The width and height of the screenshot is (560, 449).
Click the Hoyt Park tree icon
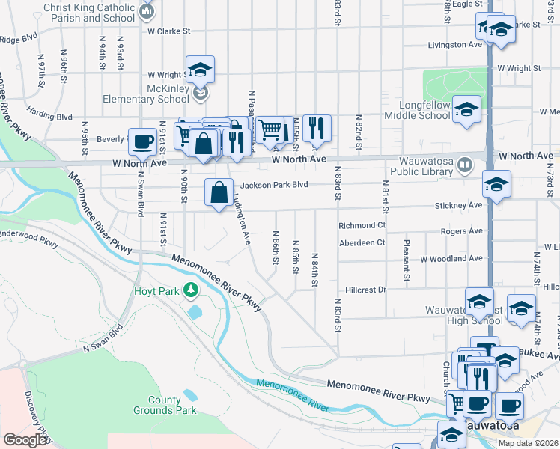(x=192, y=290)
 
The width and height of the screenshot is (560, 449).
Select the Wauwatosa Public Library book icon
(x=464, y=164)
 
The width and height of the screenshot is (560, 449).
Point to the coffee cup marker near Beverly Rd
(x=142, y=141)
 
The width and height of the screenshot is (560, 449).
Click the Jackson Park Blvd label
(x=274, y=186)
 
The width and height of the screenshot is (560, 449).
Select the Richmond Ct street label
(x=362, y=225)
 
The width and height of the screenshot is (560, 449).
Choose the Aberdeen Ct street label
(x=362, y=242)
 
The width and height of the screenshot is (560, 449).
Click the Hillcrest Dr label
(x=365, y=290)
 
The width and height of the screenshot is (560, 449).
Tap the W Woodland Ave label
(x=451, y=259)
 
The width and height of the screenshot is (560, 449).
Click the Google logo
(x=25, y=440)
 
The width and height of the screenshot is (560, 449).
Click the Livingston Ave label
(x=455, y=45)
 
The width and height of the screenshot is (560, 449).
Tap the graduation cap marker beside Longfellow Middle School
(x=466, y=112)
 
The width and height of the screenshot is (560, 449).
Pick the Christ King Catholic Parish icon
(x=147, y=11)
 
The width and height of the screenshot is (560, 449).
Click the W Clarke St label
(x=170, y=31)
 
